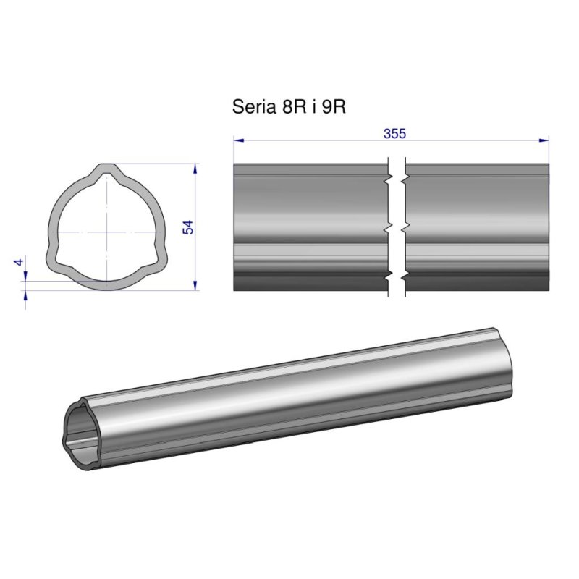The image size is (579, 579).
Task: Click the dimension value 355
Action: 394,133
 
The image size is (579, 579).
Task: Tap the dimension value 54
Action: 188,227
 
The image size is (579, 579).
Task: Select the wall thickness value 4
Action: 19,262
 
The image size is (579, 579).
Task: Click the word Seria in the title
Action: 254,106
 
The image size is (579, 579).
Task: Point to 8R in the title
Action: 294,106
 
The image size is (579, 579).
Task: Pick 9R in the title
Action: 334,106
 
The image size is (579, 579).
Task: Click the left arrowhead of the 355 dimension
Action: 239,140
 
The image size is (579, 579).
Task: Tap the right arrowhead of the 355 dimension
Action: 544,140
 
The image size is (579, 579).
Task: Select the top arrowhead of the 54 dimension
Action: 195,169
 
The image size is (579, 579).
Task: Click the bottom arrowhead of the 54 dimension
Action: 195,285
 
